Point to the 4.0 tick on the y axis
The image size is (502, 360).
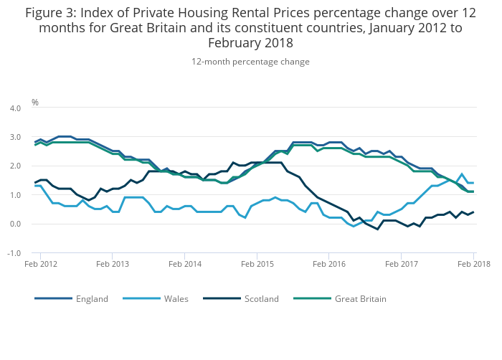point(14,108)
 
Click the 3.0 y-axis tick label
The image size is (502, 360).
point(14,137)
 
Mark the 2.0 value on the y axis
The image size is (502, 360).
point(14,166)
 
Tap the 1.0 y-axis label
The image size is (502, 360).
point(14,195)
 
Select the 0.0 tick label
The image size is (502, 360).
point(14,224)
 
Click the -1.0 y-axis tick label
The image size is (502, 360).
point(14,253)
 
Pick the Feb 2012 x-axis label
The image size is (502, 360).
point(40,264)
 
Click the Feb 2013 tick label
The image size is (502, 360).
point(113,264)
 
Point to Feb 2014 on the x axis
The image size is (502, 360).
point(185,264)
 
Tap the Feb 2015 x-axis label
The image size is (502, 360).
point(257,264)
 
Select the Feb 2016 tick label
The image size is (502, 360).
point(329,264)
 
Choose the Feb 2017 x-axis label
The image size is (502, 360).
point(402,264)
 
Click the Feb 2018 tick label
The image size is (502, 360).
point(473,264)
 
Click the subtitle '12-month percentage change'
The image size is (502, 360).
point(250,62)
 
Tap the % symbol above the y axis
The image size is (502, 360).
point(35,103)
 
